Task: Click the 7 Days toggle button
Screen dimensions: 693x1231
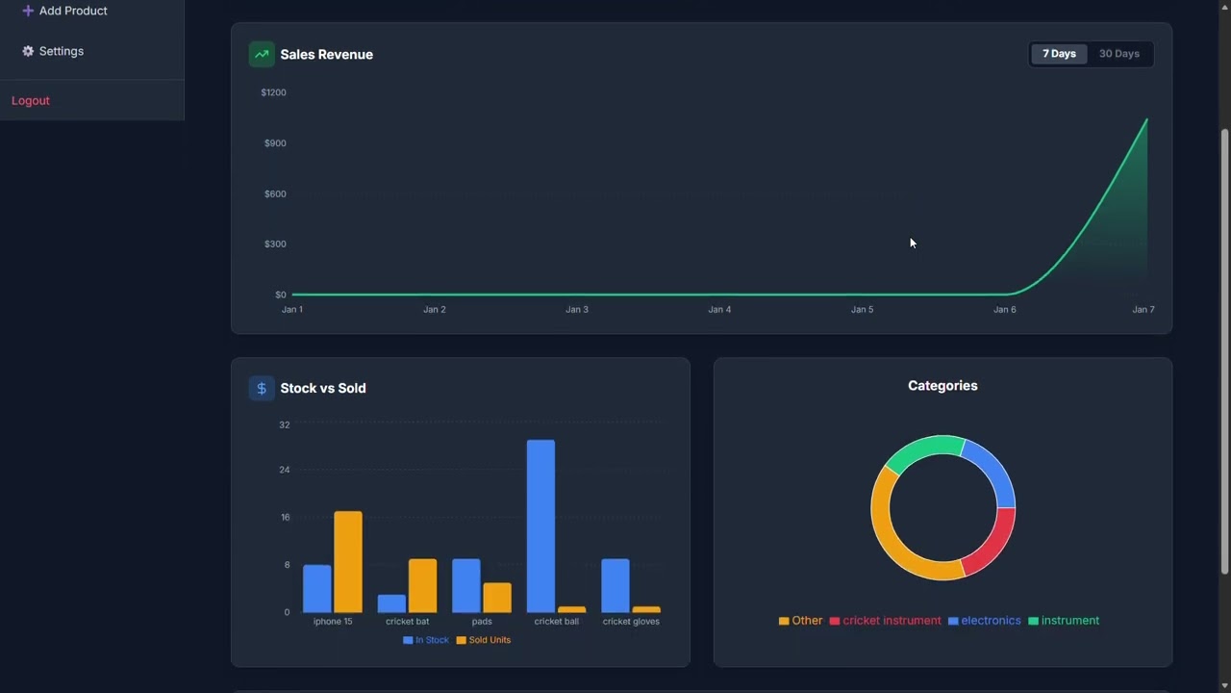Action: (x=1059, y=54)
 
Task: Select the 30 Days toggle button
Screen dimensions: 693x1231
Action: (x=1118, y=54)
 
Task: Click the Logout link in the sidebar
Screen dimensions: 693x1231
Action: (x=31, y=101)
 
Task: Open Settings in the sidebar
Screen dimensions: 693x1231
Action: (x=61, y=51)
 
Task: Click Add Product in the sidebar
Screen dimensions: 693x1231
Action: (x=72, y=11)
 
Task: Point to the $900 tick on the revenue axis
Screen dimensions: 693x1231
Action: (x=275, y=143)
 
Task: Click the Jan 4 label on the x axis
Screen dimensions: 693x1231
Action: (x=719, y=310)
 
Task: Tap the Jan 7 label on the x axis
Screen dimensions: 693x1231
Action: (x=1143, y=310)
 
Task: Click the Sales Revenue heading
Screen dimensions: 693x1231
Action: (x=326, y=55)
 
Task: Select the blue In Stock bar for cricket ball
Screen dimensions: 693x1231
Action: (x=540, y=526)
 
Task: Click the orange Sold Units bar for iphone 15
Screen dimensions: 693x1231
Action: (x=348, y=562)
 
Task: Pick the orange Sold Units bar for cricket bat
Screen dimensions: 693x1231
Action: (x=422, y=585)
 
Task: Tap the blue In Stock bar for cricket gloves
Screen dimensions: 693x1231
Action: (x=615, y=585)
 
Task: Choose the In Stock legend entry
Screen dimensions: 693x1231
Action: (x=426, y=640)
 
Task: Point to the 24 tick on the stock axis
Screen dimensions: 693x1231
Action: (x=284, y=471)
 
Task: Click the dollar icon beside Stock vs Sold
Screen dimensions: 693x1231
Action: (x=261, y=388)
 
